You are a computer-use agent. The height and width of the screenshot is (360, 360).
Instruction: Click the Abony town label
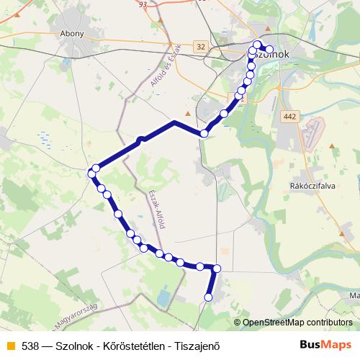(x=73, y=33)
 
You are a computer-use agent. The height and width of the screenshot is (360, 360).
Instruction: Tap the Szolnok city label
(x=269, y=55)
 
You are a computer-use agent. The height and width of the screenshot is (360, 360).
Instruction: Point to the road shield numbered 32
(x=199, y=47)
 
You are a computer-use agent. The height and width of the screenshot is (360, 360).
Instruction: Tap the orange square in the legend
(x=10, y=346)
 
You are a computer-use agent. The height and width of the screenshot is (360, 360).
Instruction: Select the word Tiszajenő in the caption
(x=195, y=346)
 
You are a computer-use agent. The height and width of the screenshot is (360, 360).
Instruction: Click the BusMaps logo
(x=325, y=344)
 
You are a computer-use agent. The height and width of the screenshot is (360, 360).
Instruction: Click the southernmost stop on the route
(x=210, y=297)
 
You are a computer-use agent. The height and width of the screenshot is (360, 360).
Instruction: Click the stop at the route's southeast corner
(x=217, y=269)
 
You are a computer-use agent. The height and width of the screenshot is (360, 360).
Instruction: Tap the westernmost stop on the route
(x=91, y=173)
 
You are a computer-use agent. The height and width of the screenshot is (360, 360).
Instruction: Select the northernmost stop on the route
(x=257, y=45)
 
